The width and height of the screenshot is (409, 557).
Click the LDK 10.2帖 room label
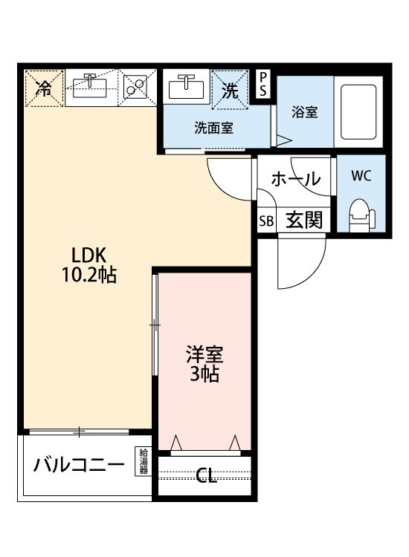click(x=88, y=264)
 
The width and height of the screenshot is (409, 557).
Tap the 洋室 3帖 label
click(x=202, y=363)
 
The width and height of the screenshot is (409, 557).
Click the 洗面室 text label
click(x=213, y=127)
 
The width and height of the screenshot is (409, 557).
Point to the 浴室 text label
click(x=304, y=113)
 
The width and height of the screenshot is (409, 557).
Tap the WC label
click(x=361, y=177)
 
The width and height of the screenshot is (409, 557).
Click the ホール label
click(x=295, y=179)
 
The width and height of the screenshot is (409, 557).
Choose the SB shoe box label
click(x=265, y=221)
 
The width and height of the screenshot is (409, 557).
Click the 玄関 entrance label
click(x=303, y=221)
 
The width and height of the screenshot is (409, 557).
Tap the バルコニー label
click(x=77, y=466)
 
